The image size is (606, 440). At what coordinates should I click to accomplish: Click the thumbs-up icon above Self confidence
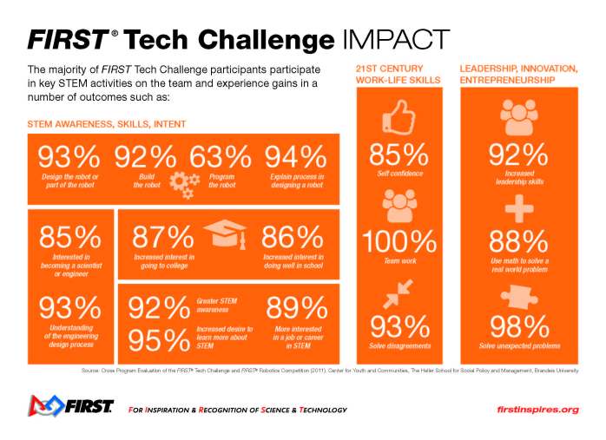399,115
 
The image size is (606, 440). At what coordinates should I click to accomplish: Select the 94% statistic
295,158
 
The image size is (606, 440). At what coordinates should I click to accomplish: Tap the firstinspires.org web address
537,409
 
